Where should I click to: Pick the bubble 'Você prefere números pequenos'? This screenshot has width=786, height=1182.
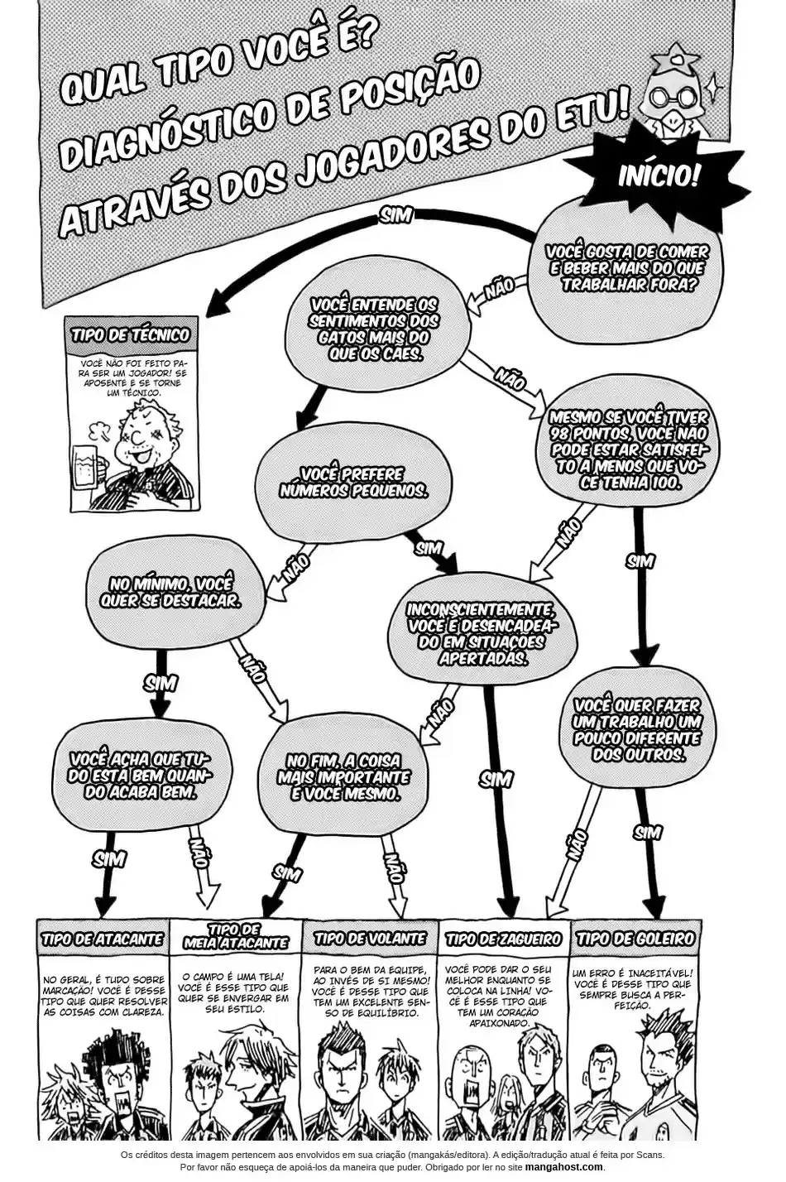(341, 482)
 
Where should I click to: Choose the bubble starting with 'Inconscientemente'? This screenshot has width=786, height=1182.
(472, 632)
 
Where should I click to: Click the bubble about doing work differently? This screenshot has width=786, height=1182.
(637, 729)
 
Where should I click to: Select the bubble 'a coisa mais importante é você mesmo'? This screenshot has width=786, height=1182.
(344, 776)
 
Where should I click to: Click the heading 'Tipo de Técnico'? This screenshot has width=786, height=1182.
(131, 335)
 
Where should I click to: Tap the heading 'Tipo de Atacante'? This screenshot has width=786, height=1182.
(103, 940)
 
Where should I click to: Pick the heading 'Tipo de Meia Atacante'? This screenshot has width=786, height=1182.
(237, 936)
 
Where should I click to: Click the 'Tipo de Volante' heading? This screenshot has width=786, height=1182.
(370, 939)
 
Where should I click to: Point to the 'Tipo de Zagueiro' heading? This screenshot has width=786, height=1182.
(503, 939)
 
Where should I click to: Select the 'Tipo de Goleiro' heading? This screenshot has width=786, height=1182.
(635, 939)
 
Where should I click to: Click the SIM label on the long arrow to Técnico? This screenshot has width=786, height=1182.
(395, 214)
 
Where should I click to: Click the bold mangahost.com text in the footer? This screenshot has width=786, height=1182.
(566, 1166)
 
